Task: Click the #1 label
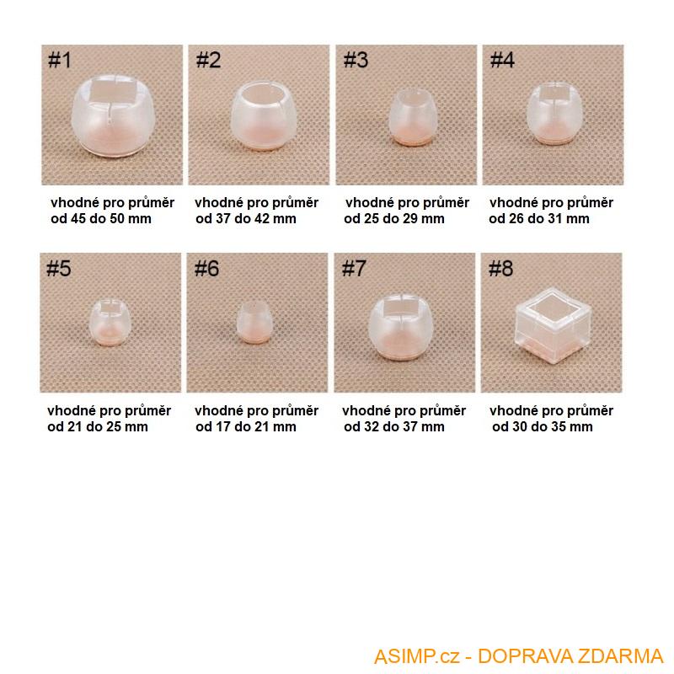[60, 60]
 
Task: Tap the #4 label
[502, 60]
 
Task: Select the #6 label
[206, 269]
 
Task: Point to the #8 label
[500, 269]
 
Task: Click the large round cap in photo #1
[112, 115]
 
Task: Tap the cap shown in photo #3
[413, 116]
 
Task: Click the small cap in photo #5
[110, 323]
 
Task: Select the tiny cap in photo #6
[254, 323]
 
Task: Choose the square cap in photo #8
[553, 325]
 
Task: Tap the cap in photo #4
[555, 114]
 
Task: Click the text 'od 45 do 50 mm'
[101, 219]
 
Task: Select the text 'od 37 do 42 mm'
[246, 219]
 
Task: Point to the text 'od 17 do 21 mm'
[246, 427]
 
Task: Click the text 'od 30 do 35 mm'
[543, 427]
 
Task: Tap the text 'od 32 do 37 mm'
[394, 427]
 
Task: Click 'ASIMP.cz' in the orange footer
[416, 656]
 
